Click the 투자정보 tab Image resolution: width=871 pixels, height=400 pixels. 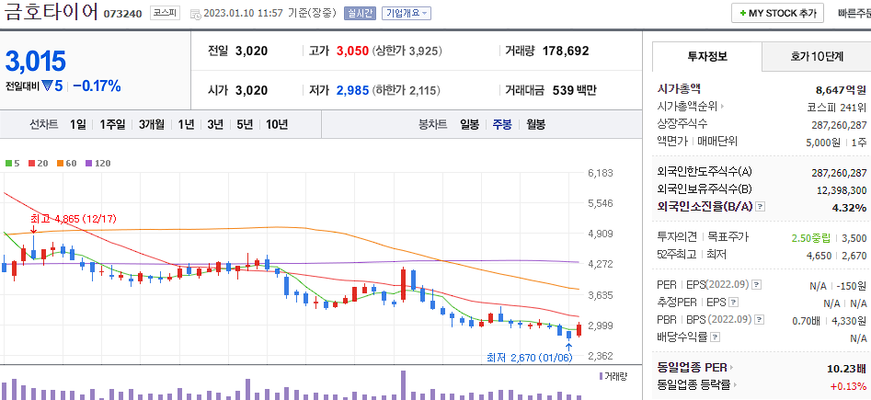coord(706,56)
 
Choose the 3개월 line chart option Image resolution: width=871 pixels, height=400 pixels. coord(152,124)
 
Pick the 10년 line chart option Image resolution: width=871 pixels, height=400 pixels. coord(276,124)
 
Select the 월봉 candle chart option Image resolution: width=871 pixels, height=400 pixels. coord(535,124)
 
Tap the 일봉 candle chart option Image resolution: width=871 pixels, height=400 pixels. coord(469,124)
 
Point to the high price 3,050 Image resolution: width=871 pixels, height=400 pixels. coord(351,51)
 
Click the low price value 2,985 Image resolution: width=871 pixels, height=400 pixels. coord(351,90)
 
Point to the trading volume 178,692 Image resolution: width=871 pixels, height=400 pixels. coord(566,51)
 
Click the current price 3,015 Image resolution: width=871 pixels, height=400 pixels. coord(36,62)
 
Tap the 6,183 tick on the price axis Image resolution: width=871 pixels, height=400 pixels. coord(600,173)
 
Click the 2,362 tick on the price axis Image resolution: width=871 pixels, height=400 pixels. coord(600,356)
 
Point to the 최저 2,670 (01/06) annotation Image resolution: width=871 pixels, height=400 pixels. coord(529,357)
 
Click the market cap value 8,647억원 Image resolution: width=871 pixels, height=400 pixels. coord(841,89)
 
